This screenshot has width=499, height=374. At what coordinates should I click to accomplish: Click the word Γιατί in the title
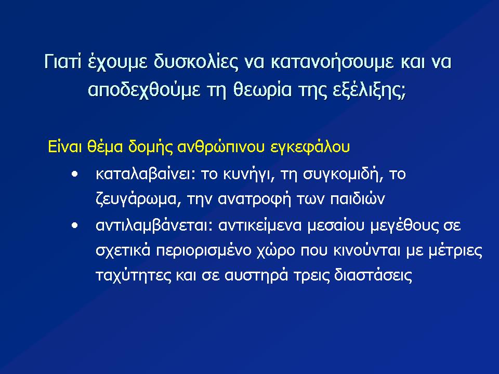pyautogui.click(x=62, y=62)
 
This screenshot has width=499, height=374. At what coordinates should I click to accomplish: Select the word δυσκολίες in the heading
pyautogui.click(x=196, y=62)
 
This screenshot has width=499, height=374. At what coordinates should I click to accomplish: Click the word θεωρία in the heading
pyautogui.click(x=262, y=90)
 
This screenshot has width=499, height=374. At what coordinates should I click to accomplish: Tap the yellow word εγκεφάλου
pyautogui.click(x=310, y=148)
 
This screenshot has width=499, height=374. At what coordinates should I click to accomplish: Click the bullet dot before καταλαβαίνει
pyautogui.click(x=75, y=175)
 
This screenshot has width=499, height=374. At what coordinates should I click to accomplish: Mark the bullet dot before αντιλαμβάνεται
pyautogui.click(x=75, y=225)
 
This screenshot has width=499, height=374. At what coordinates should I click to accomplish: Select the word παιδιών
pyautogui.click(x=358, y=199)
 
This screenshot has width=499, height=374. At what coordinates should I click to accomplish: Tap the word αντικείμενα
pyautogui.click(x=260, y=225)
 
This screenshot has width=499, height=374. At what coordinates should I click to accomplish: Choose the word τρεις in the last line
pyautogui.click(x=311, y=275)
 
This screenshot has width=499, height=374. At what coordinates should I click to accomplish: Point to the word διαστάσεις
pyautogui.click(x=373, y=275)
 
